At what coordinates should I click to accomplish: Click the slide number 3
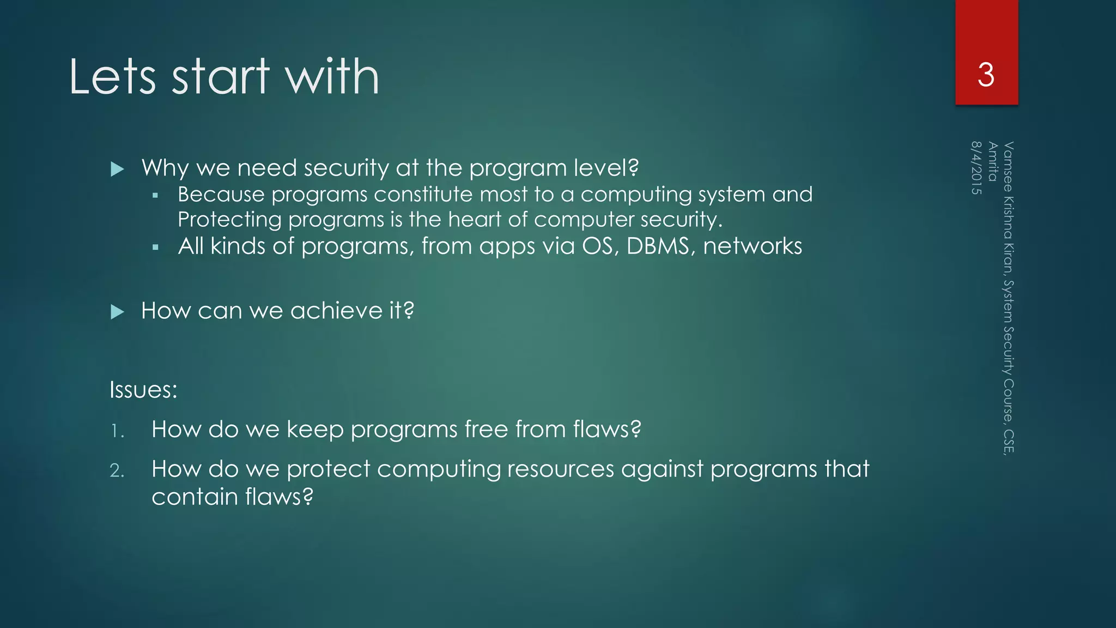pyautogui.click(x=986, y=75)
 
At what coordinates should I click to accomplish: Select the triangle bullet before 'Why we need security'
pyautogui.click(x=117, y=169)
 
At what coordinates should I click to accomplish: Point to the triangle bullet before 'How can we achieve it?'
pyautogui.click(x=117, y=312)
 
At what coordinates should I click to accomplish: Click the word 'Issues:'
pyautogui.click(x=143, y=390)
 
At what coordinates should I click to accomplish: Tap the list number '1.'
pyautogui.click(x=117, y=432)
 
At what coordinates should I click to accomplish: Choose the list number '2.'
pyautogui.click(x=117, y=470)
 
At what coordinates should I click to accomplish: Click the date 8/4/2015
pyautogui.click(x=976, y=168)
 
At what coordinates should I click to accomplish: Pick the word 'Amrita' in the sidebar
pyautogui.click(x=993, y=161)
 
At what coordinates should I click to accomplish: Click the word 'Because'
pyautogui.click(x=221, y=195)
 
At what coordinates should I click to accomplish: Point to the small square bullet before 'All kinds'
pyautogui.click(x=155, y=247)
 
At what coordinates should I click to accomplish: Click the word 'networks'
pyautogui.click(x=752, y=246)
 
